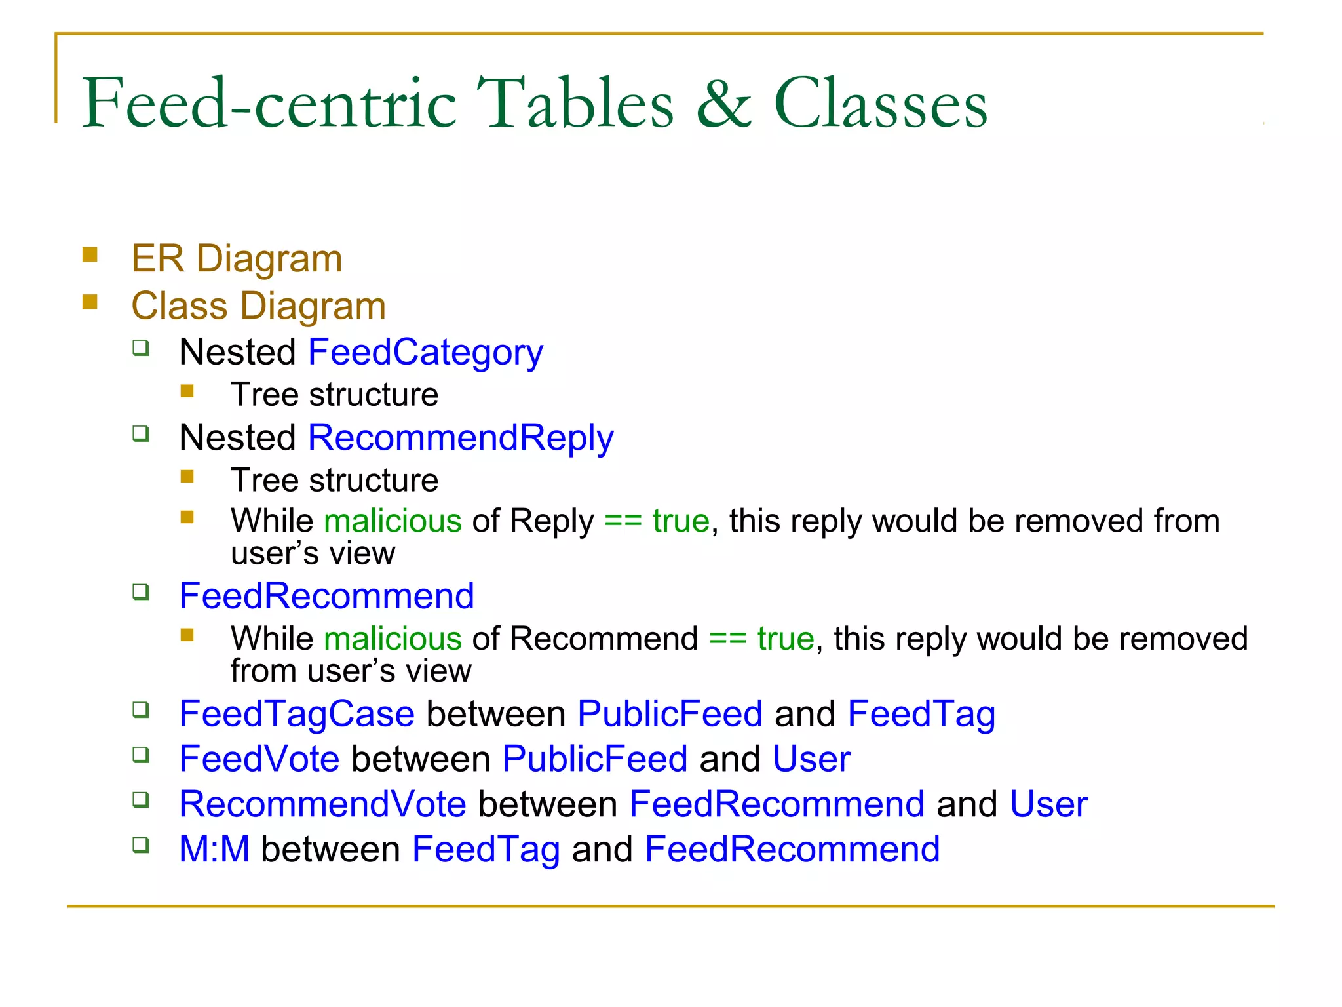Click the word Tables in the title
(x=574, y=104)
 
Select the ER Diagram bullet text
(x=237, y=258)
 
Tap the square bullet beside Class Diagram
(x=90, y=302)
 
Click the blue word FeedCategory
(x=425, y=353)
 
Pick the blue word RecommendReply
(x=461, y=438)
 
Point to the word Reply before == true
(x=552, y=521)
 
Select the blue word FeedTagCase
(x=297, y=714)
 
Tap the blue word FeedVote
(x=259, y=759)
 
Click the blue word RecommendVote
(x=322, y=804)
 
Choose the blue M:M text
(x=214, y=850)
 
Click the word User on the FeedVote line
(x=811, y=759)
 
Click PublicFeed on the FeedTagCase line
(x=670, y=714)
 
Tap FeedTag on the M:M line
(x=486, y=850)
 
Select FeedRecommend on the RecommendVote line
(x=777, y=804)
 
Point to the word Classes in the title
(x=880, y=104)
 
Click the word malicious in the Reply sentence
(x=393, y=521)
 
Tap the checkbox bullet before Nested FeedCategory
(x=141, y=347)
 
